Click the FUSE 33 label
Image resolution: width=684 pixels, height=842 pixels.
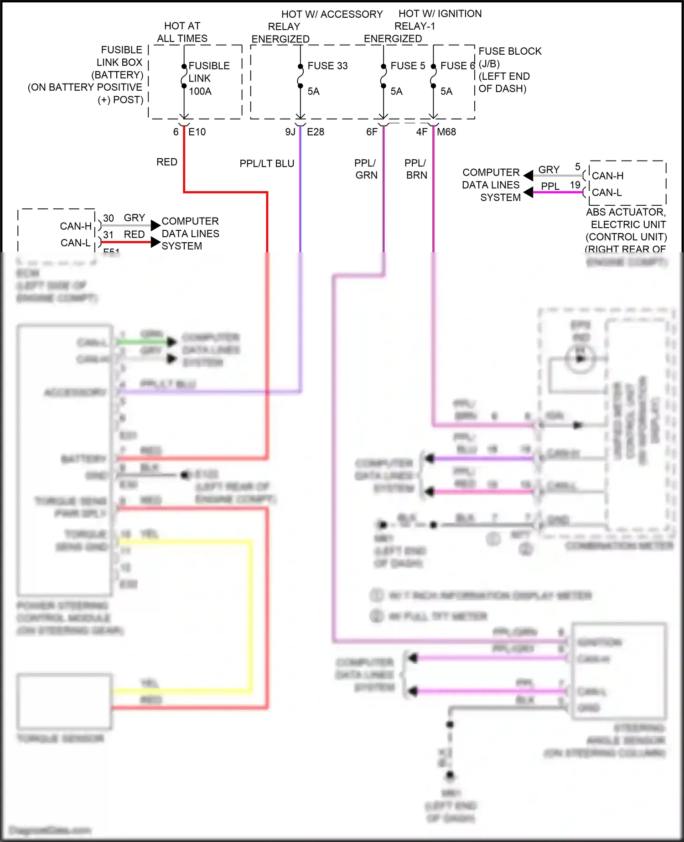point(327,66)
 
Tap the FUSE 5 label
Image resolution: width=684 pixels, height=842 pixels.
point(407,66)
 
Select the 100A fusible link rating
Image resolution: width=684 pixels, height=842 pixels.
point(200,91)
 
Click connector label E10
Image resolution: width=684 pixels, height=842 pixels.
point(197,132)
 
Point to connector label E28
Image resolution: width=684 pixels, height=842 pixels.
point(315,132)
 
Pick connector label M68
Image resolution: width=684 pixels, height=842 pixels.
point(446,132)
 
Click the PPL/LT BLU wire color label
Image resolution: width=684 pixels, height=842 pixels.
point(267,163)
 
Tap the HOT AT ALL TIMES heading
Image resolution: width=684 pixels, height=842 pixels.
point(182,32)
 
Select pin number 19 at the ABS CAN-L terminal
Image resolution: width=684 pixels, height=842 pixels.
point(575,185)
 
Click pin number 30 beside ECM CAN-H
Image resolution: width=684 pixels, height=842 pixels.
point(109,218)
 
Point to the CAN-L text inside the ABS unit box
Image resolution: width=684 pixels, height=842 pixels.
point(606,192)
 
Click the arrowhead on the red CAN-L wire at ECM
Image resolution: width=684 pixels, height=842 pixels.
point(155,242)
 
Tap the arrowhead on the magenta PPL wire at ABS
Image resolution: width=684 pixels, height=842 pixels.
point(529,192)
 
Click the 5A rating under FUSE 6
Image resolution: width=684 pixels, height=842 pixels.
point(446,91)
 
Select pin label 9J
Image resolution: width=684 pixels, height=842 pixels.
point(290,132)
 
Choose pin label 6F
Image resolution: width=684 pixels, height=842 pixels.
point(372,132)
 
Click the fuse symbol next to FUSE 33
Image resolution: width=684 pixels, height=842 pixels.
point(300,76)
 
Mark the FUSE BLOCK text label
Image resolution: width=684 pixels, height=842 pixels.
point(510,51)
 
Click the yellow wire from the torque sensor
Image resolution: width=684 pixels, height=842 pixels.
point(251,616)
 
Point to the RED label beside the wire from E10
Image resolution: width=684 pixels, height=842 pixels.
point(166,162)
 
